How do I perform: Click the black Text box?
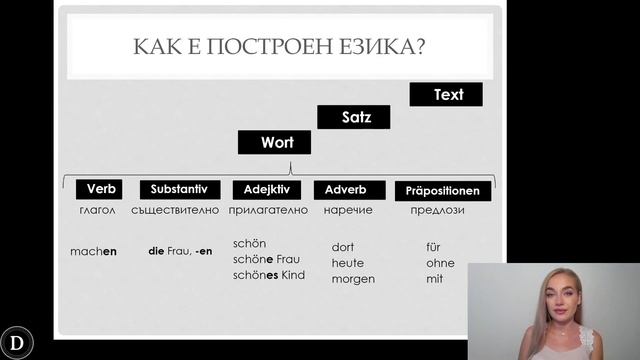446,95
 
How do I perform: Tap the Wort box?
274,142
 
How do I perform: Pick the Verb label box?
99,189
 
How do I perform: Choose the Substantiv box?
178,189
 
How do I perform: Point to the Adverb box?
348,190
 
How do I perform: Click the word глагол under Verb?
98,210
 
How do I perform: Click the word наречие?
348,210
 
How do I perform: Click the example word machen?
94,251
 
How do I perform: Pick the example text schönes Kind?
268,275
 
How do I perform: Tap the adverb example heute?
347,263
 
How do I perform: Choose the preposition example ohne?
440,263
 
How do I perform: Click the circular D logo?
18,341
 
